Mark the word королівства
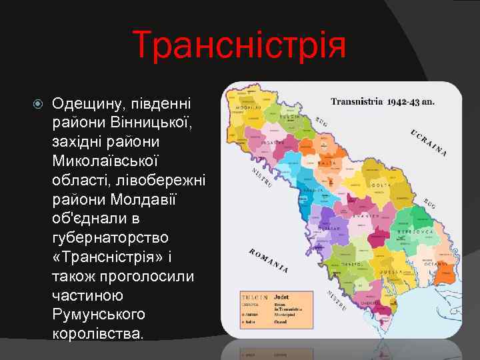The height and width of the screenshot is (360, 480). (x=97, y=333)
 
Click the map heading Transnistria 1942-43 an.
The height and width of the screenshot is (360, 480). (x=383, y=102)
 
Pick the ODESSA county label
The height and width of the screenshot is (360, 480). (x=385, y=273)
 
